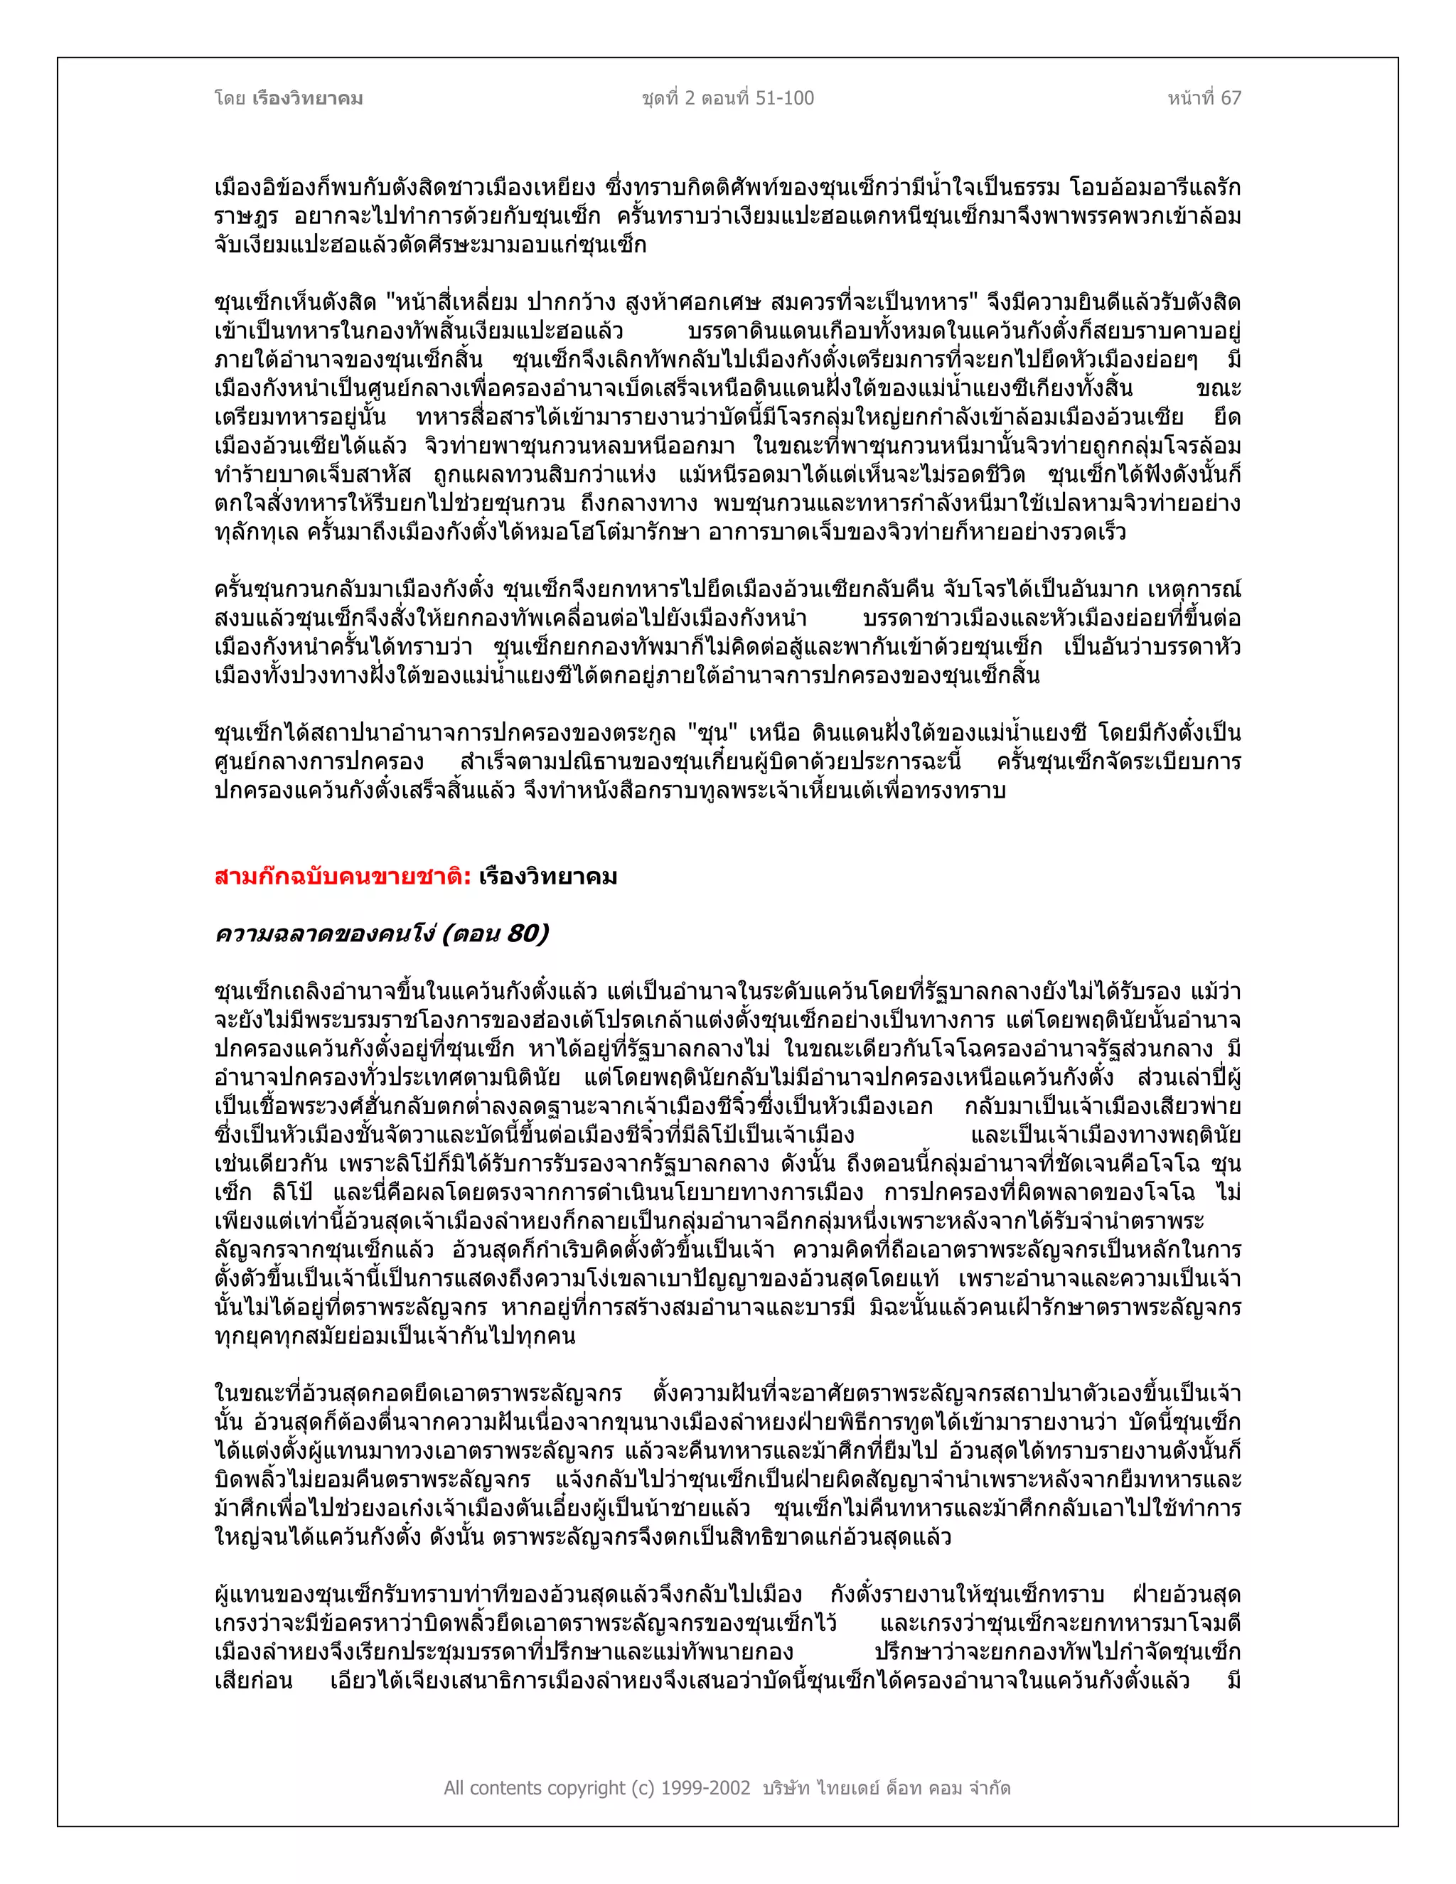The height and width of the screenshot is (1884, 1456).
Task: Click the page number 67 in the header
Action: pos(1231,98)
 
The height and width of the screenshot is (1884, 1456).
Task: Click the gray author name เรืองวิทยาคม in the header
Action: pos(308,98)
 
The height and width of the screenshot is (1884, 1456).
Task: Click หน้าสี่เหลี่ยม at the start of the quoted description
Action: pos(456,303)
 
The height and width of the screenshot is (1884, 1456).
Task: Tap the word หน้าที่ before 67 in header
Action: pos(1190,98)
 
